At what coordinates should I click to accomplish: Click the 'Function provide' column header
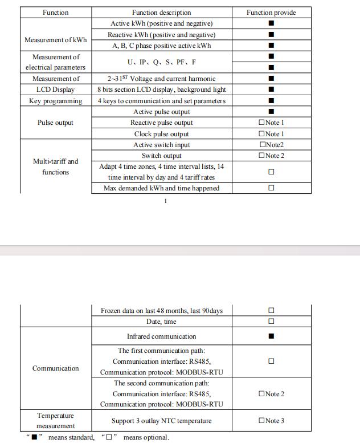coord(271,13)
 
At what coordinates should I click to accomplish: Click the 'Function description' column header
coord(161,13)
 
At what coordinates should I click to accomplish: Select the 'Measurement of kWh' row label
coord(56,40)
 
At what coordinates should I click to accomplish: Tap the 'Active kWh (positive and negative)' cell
coord(161,23)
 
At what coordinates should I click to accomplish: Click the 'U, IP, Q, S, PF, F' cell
coord(161,62)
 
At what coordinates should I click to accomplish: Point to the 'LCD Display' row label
coord(56,90)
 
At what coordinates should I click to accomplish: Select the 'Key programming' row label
coord(56,101)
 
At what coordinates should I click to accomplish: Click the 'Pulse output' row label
coord(56,123)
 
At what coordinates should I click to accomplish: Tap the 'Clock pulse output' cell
coord(161,133)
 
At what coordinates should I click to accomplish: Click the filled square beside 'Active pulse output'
coord(271,112)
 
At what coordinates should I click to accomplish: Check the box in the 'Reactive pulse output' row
coord(261,123)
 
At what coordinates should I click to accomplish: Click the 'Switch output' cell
coord(161,156)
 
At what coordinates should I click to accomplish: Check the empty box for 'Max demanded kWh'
coord(271,188)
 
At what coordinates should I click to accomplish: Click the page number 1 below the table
coord(165,201)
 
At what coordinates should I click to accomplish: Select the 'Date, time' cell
coord(161,322)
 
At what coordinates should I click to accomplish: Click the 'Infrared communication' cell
coord(161,336)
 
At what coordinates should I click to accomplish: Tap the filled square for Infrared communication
coord(271,336)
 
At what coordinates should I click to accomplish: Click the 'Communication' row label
coord(56,368)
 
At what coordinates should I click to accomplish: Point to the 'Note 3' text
coord(275,421)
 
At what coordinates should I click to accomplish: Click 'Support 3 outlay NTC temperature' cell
coord(161,421)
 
